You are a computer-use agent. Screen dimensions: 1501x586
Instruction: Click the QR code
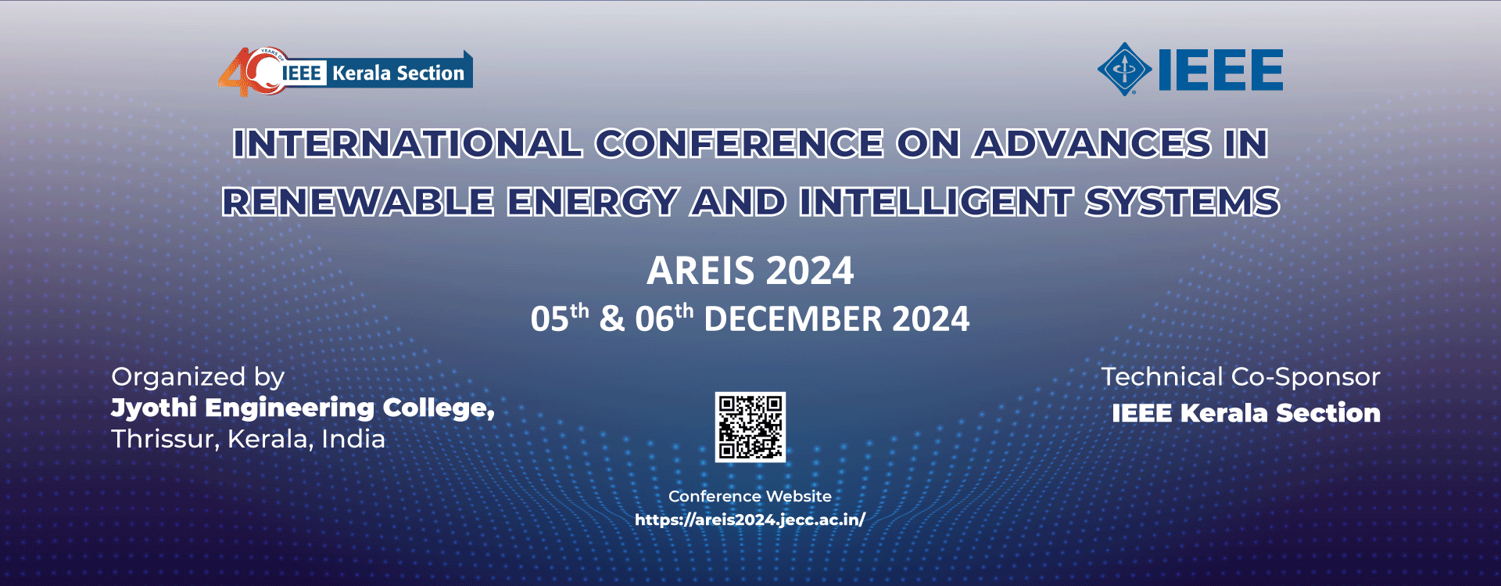click(750, 427)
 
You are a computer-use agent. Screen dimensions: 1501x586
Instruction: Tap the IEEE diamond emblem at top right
click(1124, 70)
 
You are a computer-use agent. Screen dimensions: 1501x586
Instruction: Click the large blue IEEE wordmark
click(1220, 70)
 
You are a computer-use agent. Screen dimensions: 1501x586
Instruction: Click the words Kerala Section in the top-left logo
click(398, 73)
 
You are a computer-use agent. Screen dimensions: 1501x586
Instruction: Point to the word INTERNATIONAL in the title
click(407, 143)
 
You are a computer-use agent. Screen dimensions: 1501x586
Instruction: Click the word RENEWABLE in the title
click(358, 202)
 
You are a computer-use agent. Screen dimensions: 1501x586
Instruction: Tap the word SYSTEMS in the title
click(1182, 202)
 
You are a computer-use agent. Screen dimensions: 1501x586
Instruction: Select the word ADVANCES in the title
click(1092, 143)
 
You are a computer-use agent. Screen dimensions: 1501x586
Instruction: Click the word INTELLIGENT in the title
click(936, 202)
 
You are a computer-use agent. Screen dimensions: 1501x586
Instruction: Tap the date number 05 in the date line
click(550, 319)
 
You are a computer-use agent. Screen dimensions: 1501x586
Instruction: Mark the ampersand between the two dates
click(612, 319)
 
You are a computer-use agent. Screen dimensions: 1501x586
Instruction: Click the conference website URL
click(750, 519)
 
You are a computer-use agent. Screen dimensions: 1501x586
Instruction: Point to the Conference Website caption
click(750, 496)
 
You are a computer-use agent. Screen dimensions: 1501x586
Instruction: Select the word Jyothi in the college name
click(154, 408)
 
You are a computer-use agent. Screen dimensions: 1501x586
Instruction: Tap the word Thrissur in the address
click(166, 439)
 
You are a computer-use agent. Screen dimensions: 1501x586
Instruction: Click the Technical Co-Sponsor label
click(1241, 377)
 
